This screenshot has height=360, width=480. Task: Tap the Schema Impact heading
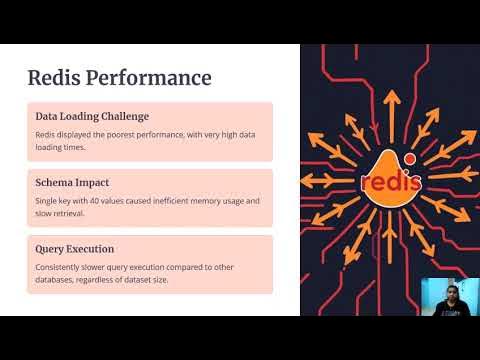pos(72,183)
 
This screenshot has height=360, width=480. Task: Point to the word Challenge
pos(122,116)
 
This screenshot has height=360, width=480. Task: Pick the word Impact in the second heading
pos(90,183)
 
